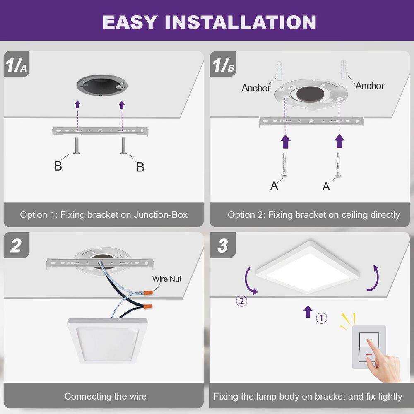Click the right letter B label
pos(140,167)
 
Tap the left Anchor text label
pos(256,88)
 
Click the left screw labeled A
pos(285,165)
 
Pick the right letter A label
pos(326,187)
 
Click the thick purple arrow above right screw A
pos(340,141)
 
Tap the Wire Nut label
pos(167,279)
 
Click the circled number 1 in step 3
pos(322,318)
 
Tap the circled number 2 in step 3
pos(242,301)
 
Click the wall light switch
pos(368,347)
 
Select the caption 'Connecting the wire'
pos(105,396)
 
